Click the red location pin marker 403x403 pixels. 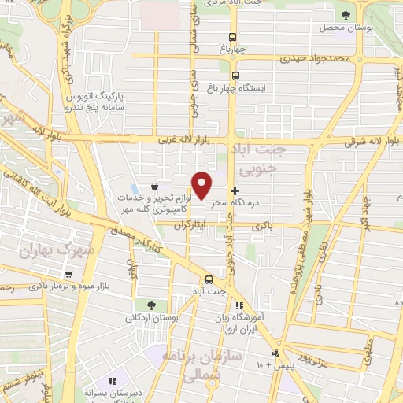point(203,186)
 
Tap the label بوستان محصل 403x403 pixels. point(344,28)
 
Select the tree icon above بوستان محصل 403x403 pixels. point(345,14)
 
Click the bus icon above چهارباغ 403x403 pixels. point(232,36)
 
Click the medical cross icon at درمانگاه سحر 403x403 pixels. point(235,190)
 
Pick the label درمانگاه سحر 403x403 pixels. point(252,202)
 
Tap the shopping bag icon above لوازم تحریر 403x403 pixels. point(153,186)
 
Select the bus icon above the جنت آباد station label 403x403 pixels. point(209,279)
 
